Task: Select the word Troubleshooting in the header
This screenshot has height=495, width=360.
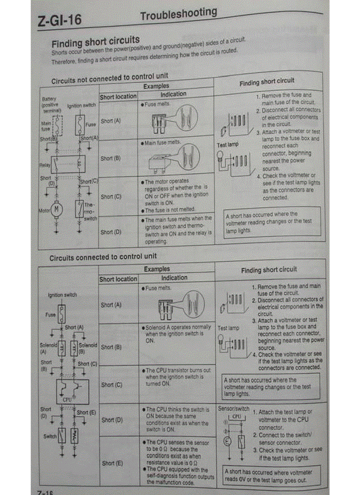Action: (179, 15)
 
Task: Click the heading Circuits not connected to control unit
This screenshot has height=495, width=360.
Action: (109, 79)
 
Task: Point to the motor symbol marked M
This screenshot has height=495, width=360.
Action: (56, 209)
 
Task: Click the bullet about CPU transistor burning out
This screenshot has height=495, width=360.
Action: (177, 377)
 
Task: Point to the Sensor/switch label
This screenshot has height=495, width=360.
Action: (233, 409)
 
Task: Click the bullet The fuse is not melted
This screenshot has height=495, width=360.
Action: (169, 209)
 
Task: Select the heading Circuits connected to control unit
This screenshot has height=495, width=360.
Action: (103, 257)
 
